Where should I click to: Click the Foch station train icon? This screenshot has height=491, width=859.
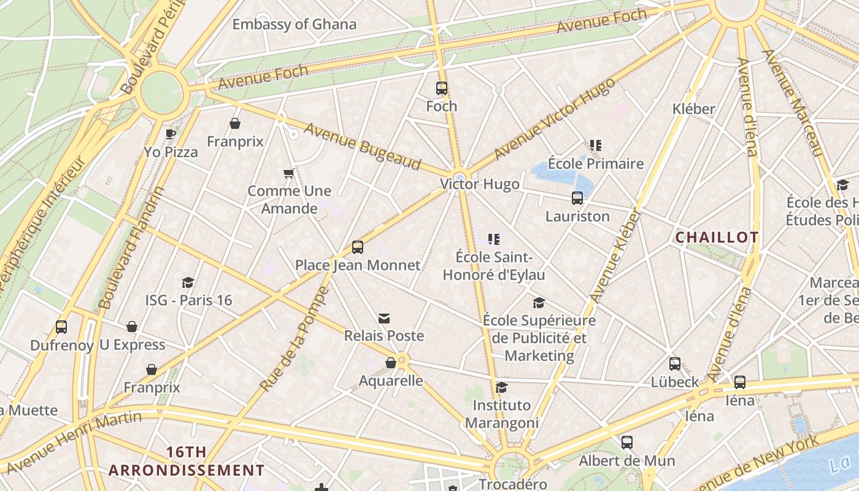coord(442,88)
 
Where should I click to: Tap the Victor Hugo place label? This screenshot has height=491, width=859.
coord(480,184)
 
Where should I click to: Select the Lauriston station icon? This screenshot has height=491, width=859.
coord(577,198)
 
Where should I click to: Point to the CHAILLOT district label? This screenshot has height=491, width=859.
coord(717,238)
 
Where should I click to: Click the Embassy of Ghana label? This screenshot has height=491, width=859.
coord(294,25)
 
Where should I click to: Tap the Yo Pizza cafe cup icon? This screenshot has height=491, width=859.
coord(171,134)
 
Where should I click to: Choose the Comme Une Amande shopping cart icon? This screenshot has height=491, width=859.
coord(289,173)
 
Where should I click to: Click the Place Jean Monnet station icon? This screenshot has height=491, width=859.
coord(358,247)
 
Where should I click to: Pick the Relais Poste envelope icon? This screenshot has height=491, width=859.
coord(384,318)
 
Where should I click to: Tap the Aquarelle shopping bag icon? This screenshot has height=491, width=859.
coord(391,363)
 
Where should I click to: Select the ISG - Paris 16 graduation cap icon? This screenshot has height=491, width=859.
coord(188,282)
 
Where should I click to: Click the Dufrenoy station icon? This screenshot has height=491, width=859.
coord(61,327)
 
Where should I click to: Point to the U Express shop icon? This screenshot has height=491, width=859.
coord(132,327)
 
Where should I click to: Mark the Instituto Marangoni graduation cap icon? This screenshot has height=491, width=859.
coord(501,387)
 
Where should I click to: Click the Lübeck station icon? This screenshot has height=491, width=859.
coord(675,364)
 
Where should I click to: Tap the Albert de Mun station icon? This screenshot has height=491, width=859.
coord(627,443)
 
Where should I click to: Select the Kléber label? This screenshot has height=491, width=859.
coord(694,109)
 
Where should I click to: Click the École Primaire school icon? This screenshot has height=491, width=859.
coord(596,145)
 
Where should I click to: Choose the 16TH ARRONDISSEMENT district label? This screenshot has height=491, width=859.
coord(187,462)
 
